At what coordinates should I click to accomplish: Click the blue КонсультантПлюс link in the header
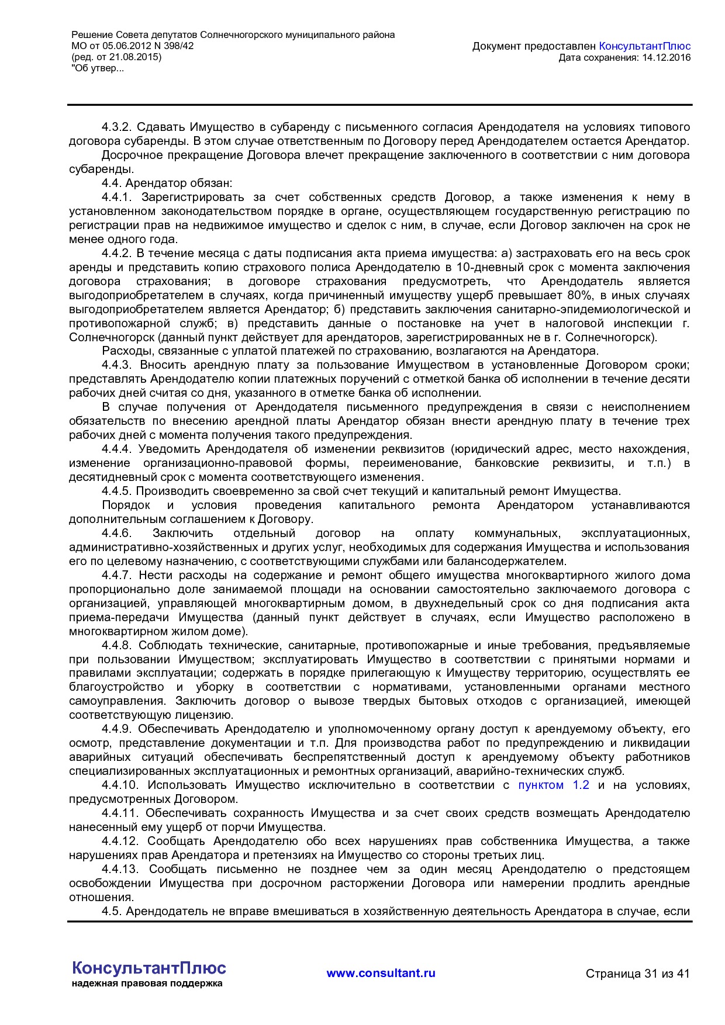point(645,46)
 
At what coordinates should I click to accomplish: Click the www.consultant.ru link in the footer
point(381,973)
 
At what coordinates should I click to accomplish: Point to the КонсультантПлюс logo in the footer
point(149,968)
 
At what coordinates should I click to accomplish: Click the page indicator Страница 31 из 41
point(637,974)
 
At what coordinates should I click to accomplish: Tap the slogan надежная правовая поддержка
point(147,984)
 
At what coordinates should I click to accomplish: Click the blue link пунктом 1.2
point(553,785)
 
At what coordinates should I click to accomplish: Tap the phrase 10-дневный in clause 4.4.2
point(483,268)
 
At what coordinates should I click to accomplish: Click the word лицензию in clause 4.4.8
point(208,715)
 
